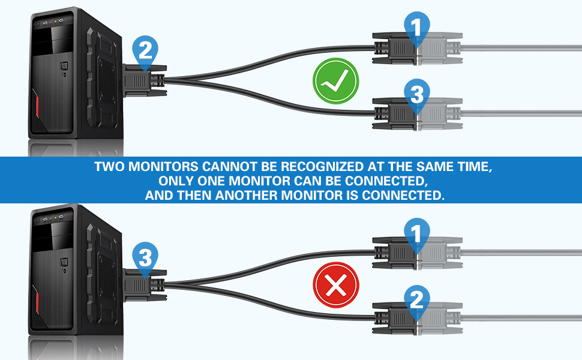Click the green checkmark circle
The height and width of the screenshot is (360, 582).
pos(336,81)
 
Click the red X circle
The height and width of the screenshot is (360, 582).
pos(336,285)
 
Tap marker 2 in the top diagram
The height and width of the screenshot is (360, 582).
pos(145,52)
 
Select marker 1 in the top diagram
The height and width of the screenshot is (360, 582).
pos(417,28)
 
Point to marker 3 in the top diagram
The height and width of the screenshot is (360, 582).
pos(417,95)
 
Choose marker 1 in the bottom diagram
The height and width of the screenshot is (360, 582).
pos(417,234)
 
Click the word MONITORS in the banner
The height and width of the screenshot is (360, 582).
pos(163,166)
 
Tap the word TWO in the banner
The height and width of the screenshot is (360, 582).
pos(109,166)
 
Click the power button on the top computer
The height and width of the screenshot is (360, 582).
pos(64,67)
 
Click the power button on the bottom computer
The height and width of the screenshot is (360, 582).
pos(64,263)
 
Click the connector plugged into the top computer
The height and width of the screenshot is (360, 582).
pos(144,81)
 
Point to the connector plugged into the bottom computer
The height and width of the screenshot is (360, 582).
pos(144,286)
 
